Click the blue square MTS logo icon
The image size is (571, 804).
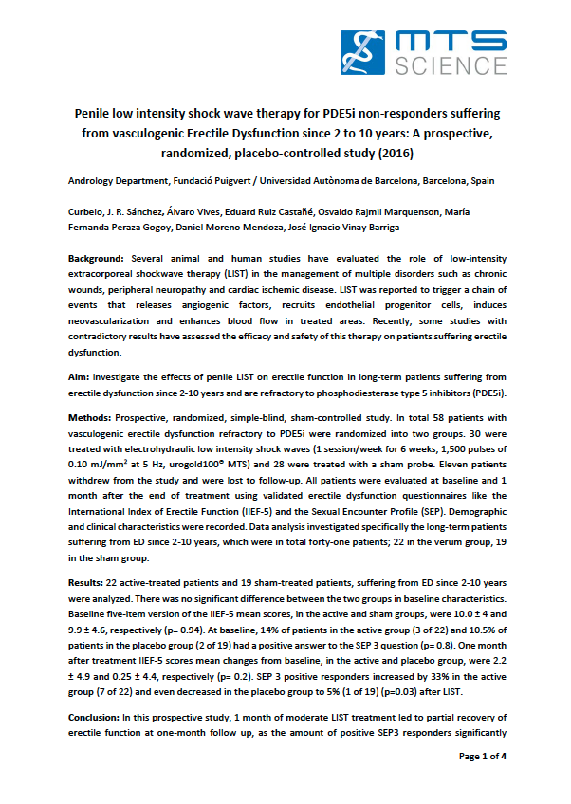pos(364,52)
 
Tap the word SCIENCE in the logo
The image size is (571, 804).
pos(440,66)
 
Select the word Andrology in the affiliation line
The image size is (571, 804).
pos(93,180)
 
